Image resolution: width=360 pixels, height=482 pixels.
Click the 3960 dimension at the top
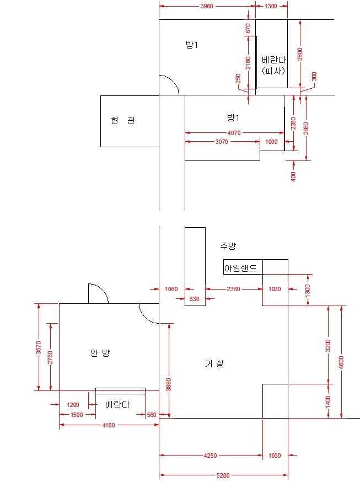coord(207,6)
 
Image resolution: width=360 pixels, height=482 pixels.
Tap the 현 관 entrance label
coord(123,121)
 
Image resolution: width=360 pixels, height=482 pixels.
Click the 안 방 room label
coord(100,353)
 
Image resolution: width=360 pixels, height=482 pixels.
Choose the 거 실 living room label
coord(214,363)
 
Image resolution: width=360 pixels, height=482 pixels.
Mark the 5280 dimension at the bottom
coord(223,475)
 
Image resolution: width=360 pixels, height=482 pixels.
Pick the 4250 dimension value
coord(211,456)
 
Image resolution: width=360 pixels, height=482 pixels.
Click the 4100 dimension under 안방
coord(109,425)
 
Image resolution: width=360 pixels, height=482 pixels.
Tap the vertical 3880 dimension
coord(169,384)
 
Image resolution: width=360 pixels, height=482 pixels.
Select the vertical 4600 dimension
coord(341,362)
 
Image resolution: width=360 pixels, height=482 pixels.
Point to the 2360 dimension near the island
coord(233,289)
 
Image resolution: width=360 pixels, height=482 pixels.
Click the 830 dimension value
coord(195,299)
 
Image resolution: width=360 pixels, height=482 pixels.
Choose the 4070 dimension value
coord(234,133)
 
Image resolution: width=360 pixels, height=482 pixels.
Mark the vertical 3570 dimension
coord(38,347)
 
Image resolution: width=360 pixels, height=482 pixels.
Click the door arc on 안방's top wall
coord(98,293)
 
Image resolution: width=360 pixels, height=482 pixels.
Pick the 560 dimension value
coord(152,415)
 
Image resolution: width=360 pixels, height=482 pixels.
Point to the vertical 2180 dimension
coord(248,65)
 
